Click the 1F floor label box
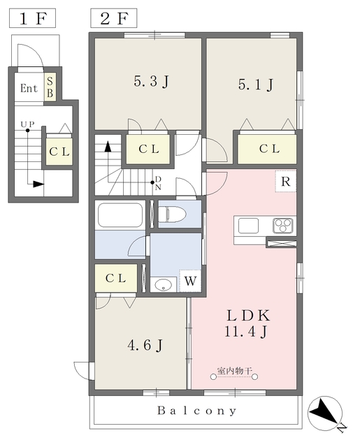click(x=32, y=18)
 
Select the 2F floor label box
click(x=113, y=18)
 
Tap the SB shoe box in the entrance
click(x=50, y=87)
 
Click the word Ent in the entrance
click(x=29, y=88)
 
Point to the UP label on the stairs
click(x=27, y=124)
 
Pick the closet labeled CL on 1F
click(x=59, y=152)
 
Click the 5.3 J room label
click(x=151, y=81)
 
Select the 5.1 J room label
click(x=256, y=85)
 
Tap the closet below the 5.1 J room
click(x=267, y=149)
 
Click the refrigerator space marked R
click(x=285, y=182)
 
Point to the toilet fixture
click(x=172, y=214)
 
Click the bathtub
click(x=120, y=214)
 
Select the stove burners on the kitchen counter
click(x=282, y=226)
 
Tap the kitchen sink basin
click(x=248, y=226)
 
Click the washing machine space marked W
click(x=190, y=281)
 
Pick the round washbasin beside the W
click(x=163, y=285)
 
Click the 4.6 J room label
click(x=145, y=345)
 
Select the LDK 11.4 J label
click(x=247, y=323)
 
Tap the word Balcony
click(x=197, y=411)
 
